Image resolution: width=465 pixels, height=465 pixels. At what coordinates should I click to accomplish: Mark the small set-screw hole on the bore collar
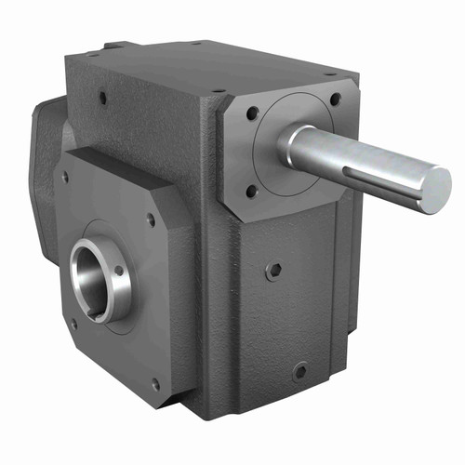[119, 272]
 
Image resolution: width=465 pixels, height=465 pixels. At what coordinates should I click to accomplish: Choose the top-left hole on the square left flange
[65, 177]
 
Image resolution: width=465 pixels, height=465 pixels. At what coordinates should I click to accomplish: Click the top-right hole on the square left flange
[150, 221]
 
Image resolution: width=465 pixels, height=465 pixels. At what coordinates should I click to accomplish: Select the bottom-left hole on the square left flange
[73, 325]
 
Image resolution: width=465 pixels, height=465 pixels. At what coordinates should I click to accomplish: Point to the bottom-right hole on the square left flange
[154, 382]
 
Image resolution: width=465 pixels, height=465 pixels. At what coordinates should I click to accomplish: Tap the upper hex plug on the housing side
[274, 271]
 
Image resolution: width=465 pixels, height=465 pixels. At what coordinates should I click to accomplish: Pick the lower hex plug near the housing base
[299, 370]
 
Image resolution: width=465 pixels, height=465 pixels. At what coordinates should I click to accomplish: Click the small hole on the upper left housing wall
[100, 96]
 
